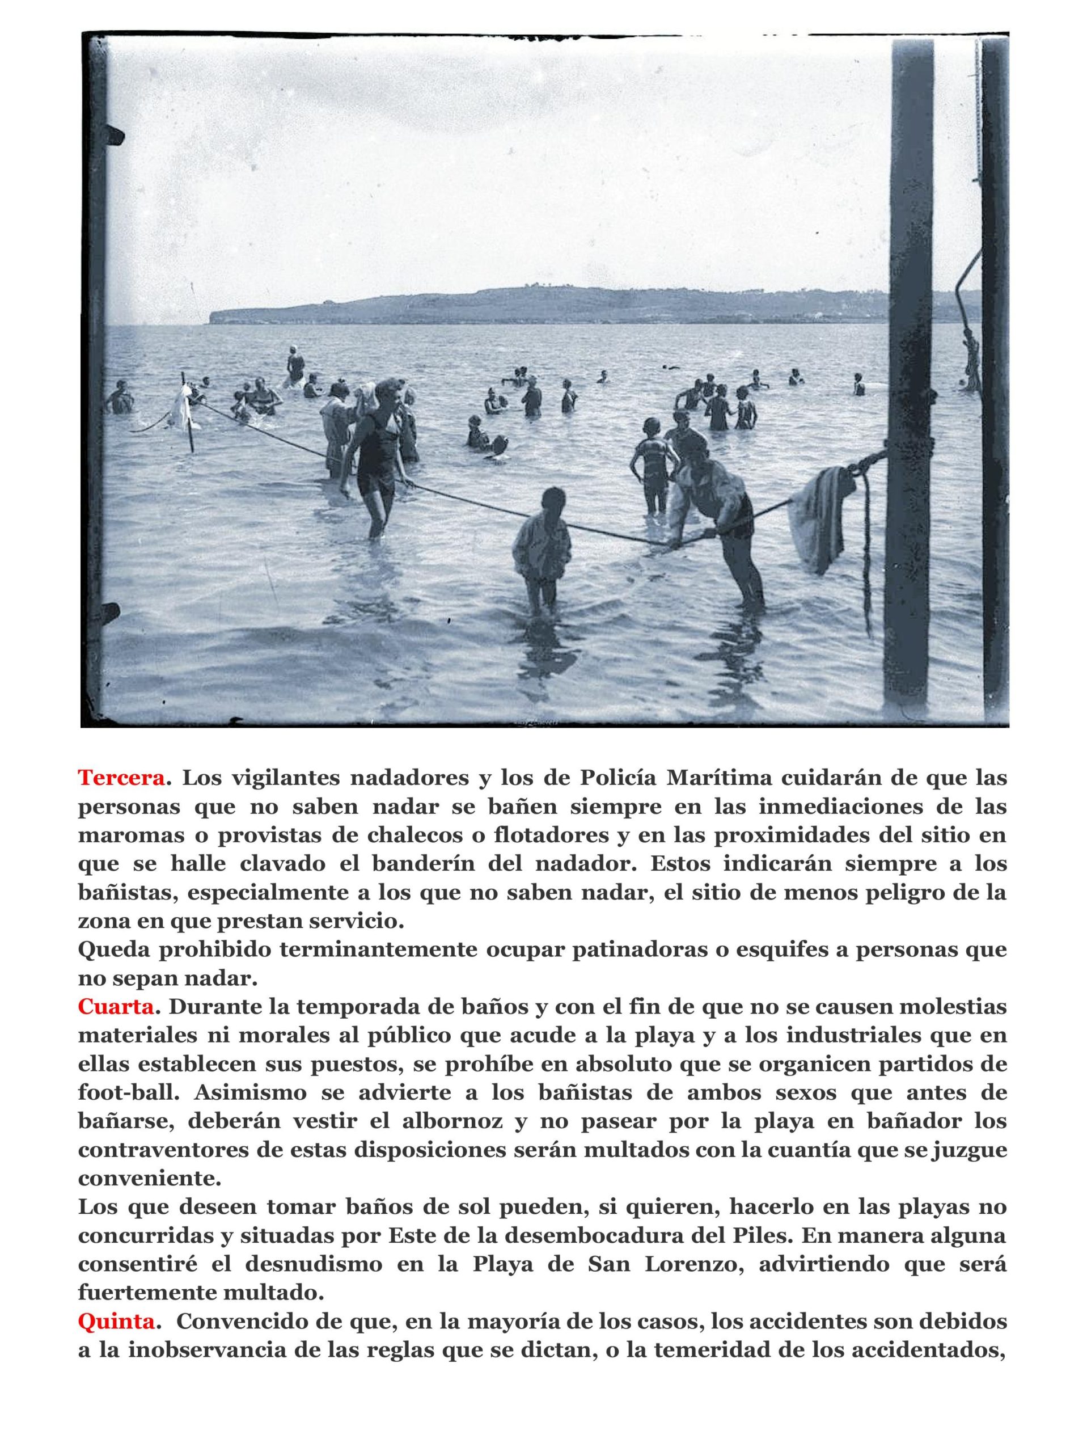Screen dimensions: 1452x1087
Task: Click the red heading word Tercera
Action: [120, 778]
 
